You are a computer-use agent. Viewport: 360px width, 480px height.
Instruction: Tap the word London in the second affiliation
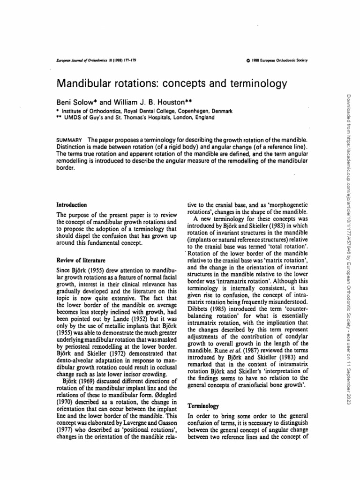click(x=176, y=117)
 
